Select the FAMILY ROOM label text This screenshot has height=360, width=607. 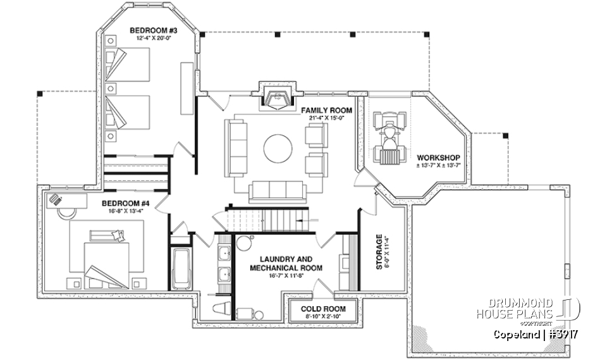click(326, 110)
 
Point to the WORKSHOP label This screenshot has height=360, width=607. click(438, 157)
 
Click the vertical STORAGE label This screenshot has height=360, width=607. click(379, 252)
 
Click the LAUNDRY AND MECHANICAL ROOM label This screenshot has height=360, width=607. click(286, 263)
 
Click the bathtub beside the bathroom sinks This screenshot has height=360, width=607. click(181, 269)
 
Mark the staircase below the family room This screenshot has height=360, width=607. click(266, 221)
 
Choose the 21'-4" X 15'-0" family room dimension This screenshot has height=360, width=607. click(326, 118)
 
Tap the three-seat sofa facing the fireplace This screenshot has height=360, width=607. click(278, 190)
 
